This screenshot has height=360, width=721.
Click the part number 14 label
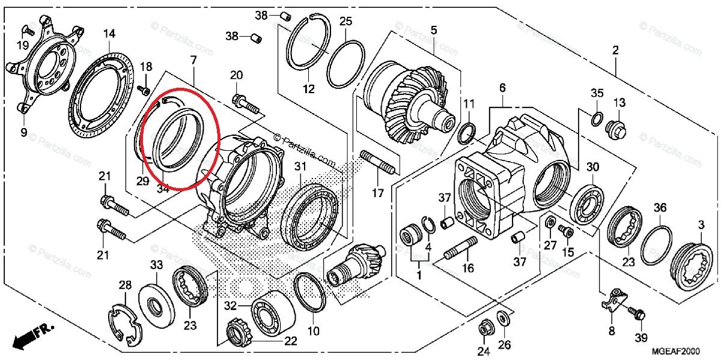[x=109, y=34]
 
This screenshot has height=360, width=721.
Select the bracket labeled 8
[x=613, y=299]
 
